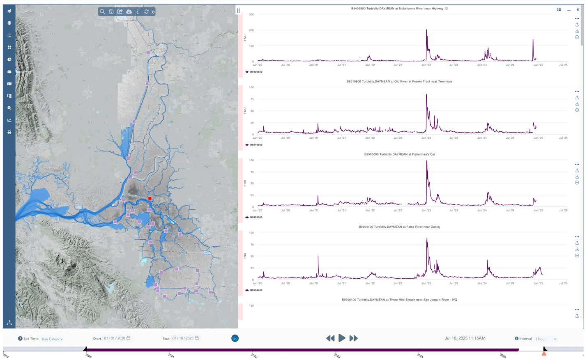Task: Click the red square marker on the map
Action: point(150,198)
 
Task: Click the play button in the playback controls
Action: point(342,338)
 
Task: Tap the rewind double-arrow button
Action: point(330,338)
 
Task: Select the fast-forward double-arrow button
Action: point(353,338)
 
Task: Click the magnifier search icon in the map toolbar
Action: point(102,12)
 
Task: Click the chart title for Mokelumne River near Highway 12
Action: point(399,9)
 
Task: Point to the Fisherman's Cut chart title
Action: point(399,154)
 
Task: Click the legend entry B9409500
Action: point(256,72)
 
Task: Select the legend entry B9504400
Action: point(256,290)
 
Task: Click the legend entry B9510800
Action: point(256,145)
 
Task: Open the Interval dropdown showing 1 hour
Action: point(546,339)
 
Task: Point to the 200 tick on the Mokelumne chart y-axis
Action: point(251,30)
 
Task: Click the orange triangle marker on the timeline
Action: point(544,353)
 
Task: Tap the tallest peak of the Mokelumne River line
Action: point(426,30)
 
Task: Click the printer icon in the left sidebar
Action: point(9,132)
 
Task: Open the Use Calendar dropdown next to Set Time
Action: point(52,339)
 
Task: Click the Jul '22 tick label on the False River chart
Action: point(398,283)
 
